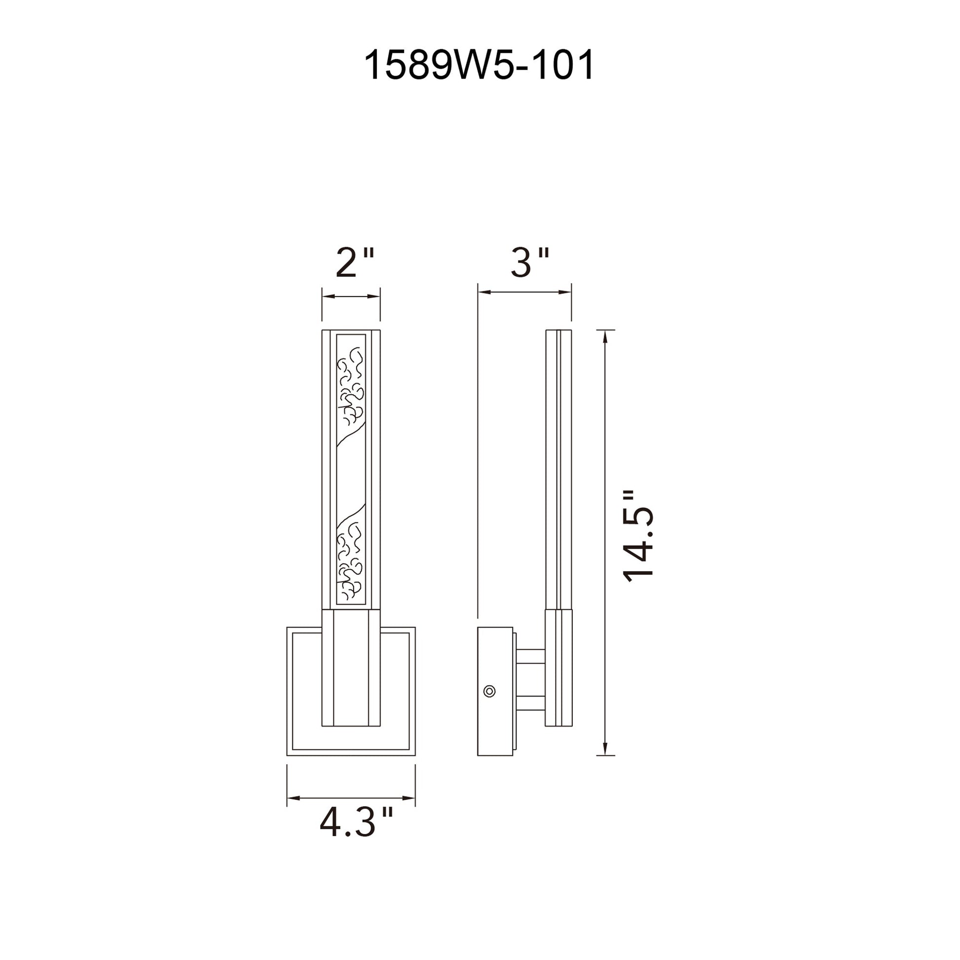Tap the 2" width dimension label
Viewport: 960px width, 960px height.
point(354,263)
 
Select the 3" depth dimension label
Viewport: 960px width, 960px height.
point(530,262)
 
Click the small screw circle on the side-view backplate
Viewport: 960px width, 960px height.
point(489,691)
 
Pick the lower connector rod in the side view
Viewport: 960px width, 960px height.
point(531,702)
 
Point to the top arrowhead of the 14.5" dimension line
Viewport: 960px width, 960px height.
point(605,336)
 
